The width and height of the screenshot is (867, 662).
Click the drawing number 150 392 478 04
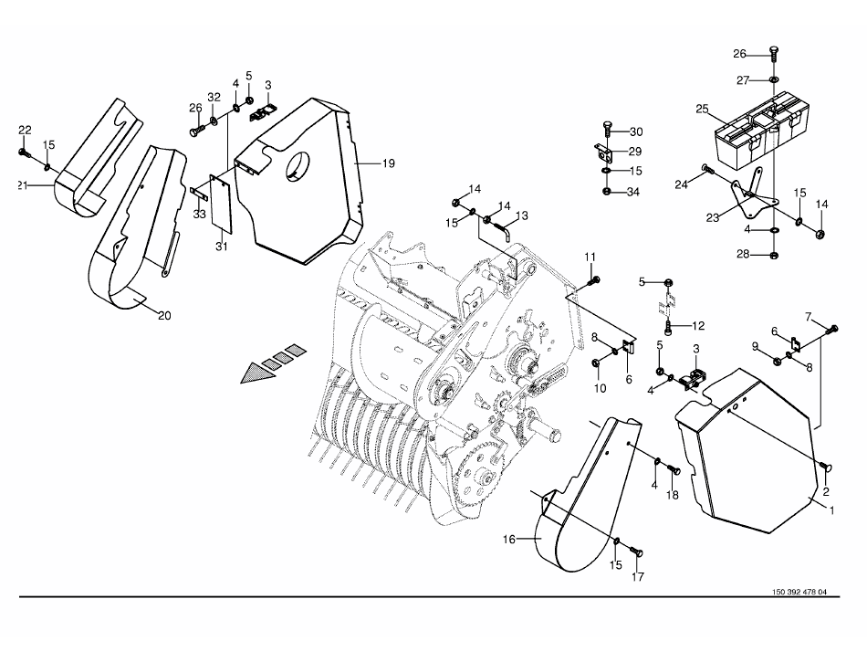pos(799,592)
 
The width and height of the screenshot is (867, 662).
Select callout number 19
pos(388,163)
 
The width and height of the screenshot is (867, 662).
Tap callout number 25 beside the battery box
pos(702,109)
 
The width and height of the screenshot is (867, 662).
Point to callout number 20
pos(164,316)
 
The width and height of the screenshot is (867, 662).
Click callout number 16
pos(508,539)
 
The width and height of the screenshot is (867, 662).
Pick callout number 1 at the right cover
pos(831,511)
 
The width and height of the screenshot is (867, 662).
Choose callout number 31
pos(222,247)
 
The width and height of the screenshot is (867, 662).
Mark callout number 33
pos(199,214)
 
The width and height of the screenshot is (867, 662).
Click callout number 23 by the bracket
pos(713,218)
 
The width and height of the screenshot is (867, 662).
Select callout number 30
pos(636,131)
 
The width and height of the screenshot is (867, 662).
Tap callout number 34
pos(633,192)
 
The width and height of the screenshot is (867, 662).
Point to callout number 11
pos(590,257)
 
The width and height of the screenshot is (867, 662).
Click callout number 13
pos(521,215)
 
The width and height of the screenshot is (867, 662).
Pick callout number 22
pos(25,130)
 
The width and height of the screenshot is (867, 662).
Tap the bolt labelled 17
pos(636,552)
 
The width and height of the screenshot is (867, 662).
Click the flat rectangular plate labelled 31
pos(222,204)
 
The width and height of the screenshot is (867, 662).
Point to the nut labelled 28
pos(774,255)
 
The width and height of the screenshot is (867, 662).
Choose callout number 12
pos(698,326)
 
